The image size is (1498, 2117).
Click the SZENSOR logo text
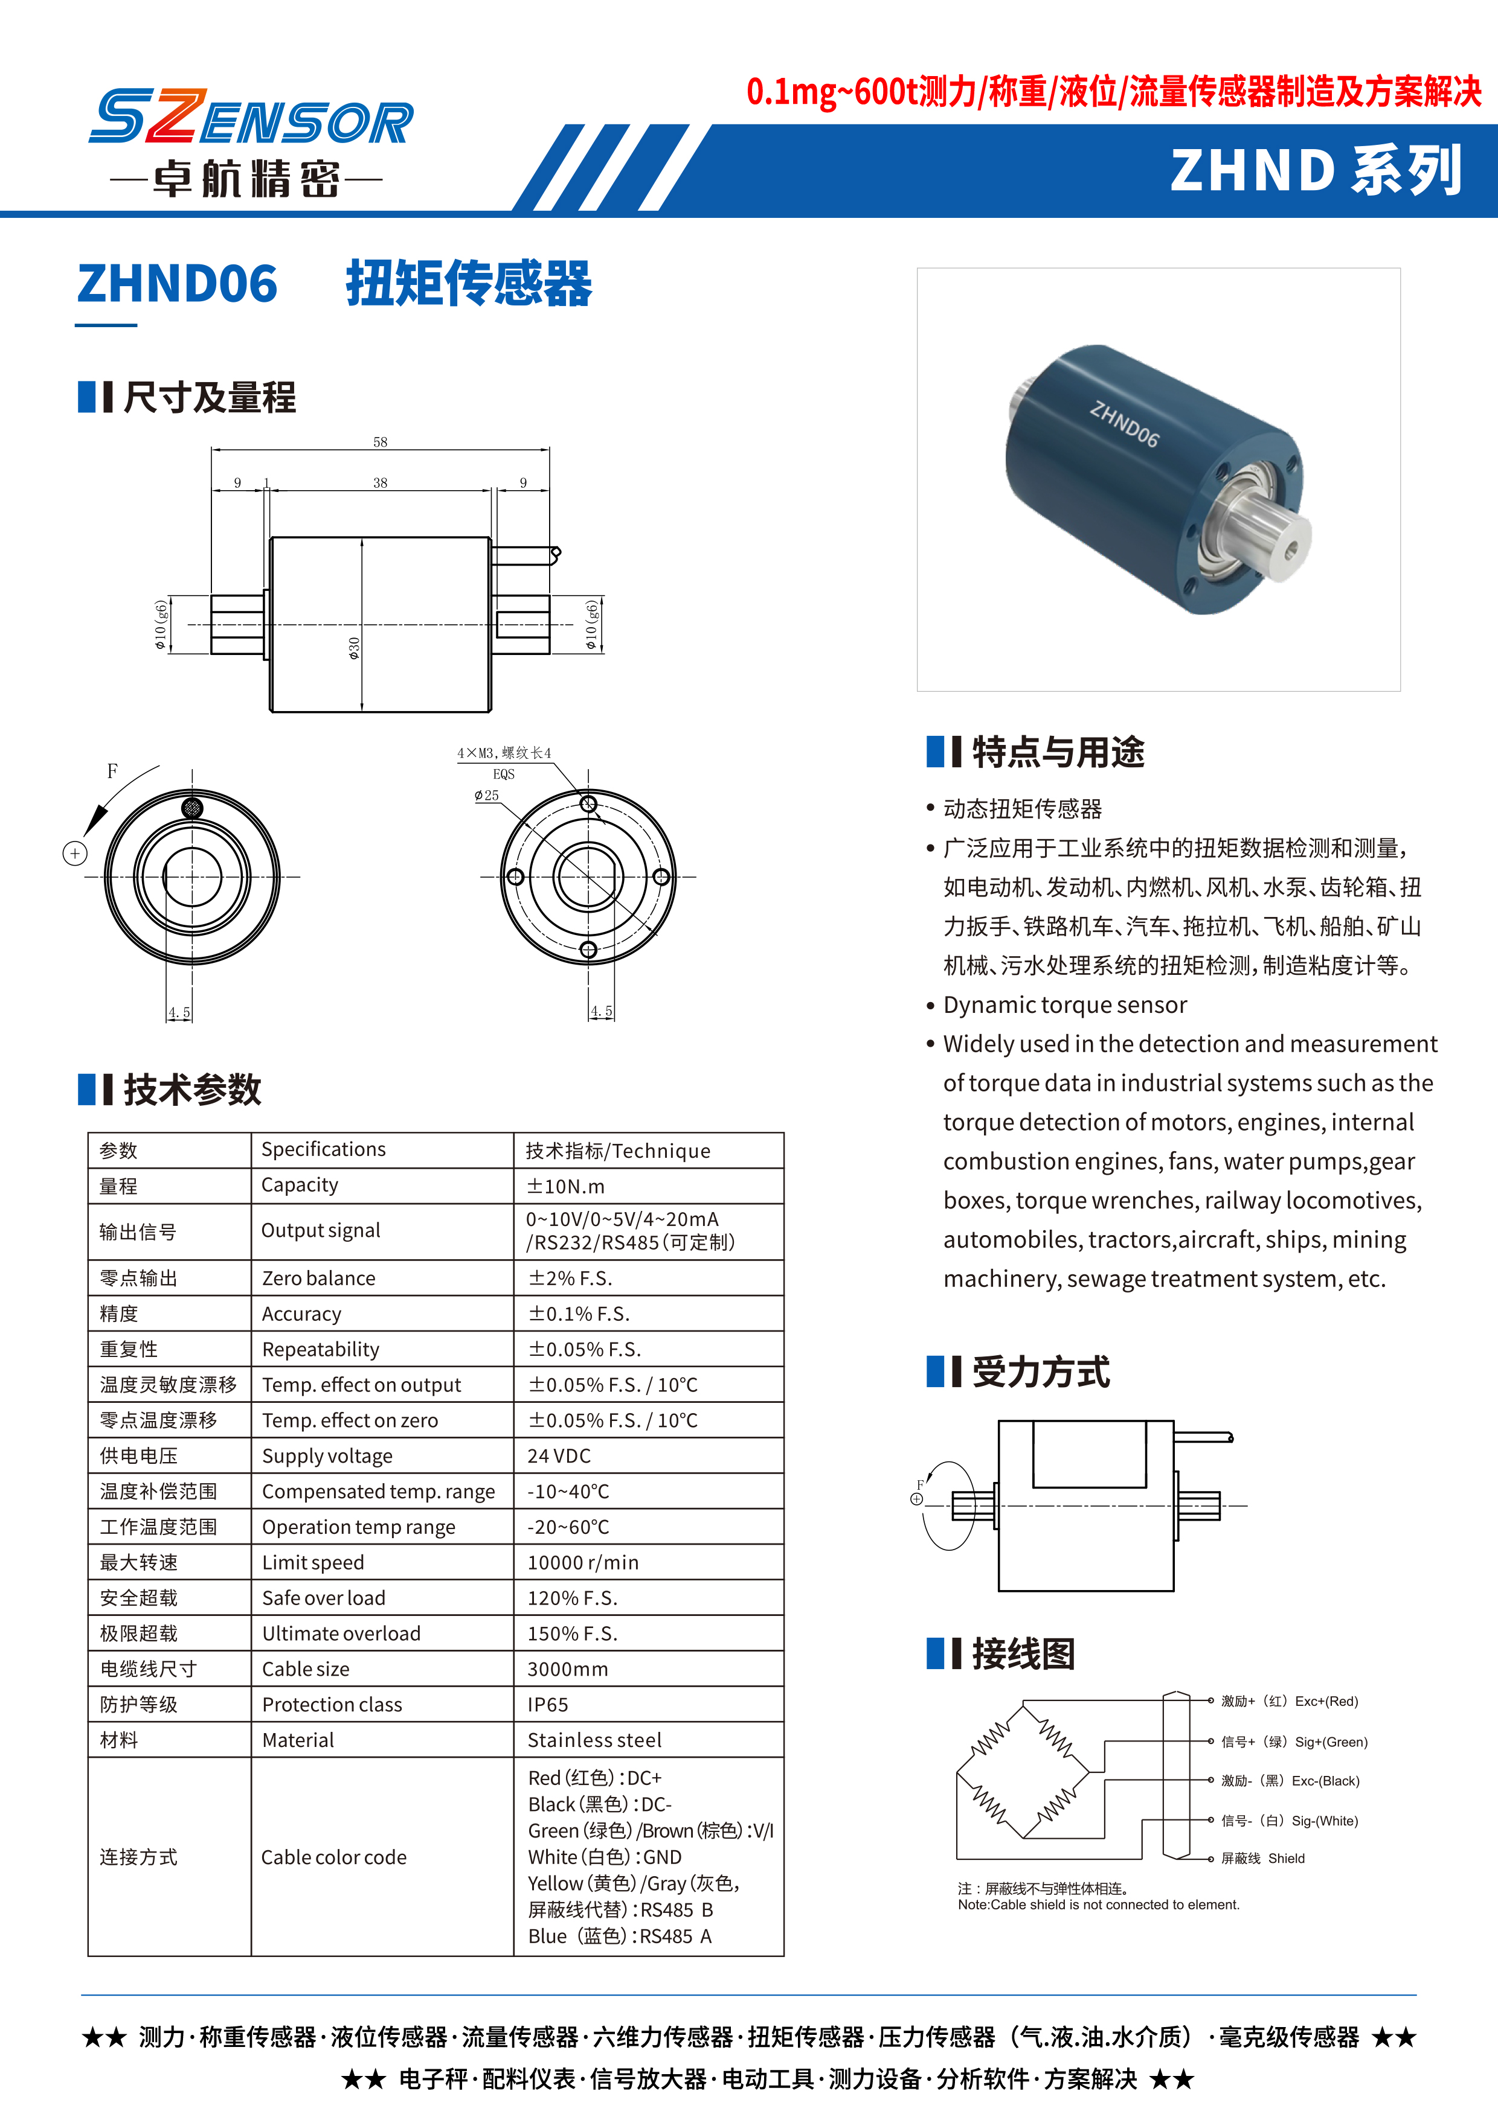click(251, 118)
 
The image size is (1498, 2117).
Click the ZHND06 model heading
click(177, 283)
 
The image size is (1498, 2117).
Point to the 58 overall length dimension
click(380, 442)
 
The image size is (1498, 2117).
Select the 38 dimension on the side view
click(380, 482)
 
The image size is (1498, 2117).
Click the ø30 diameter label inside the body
click(354, 648)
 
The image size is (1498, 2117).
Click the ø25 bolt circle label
click(486, 795)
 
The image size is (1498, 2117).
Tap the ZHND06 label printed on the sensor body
click(1123, 424)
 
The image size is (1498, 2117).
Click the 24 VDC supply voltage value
click(559, 1456)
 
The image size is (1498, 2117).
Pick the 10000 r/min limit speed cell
click(583, 1563)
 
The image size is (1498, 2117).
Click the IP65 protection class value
click(548, 1705)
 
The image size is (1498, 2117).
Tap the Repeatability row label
click(320, 1350)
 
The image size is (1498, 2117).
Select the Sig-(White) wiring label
click(1290, 1821)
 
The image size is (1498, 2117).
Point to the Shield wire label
click(1263, 1859)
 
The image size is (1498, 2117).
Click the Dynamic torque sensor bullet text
click(1064, 1005)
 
